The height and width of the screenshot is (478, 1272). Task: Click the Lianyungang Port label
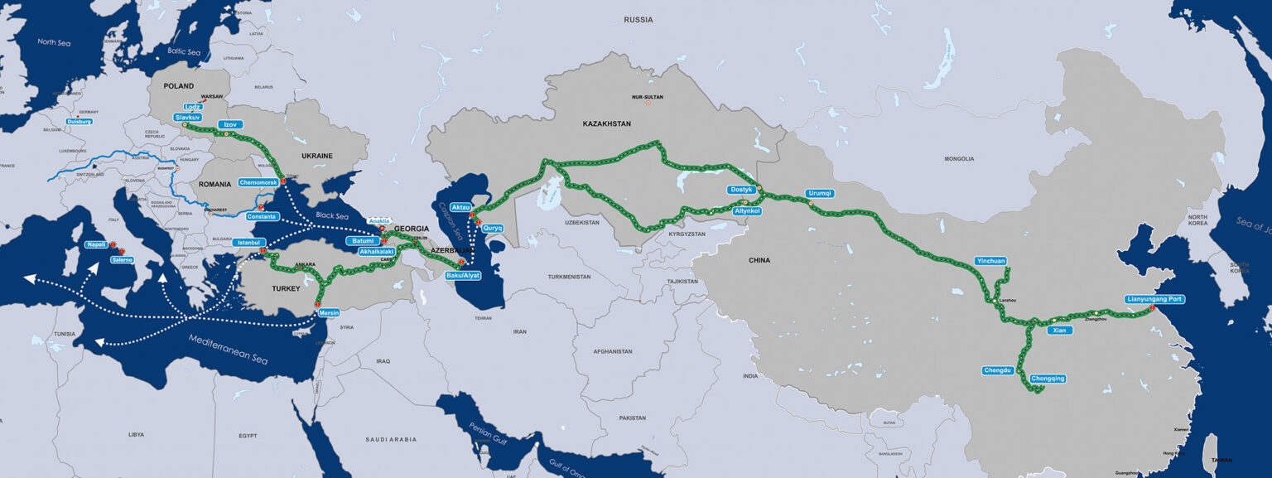click(x=1154, y=299)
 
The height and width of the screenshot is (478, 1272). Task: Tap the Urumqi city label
click(x=819, y=194)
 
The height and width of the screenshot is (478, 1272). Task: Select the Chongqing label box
click(x=1048, y=379)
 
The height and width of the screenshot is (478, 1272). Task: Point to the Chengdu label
click(x=998, y=370)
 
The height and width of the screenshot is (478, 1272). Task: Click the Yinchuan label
click(x=990, y=261)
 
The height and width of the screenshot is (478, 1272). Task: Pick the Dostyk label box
click(x=741, y=190)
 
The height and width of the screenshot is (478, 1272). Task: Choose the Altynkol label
click(x=748, y=211)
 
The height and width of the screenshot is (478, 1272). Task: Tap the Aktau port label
click(x=460, y=207)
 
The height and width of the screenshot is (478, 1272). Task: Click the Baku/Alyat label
click(x=462, y=274)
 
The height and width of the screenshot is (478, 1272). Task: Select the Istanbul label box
click(x=248, y=243)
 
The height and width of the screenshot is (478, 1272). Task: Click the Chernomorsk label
click(x=258, y=182)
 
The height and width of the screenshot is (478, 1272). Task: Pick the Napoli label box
click(x=96, y=245)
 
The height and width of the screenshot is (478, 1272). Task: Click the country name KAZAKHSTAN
click(x=606, y=123)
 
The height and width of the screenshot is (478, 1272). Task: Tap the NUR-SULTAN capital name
click(x=648, y=97)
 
